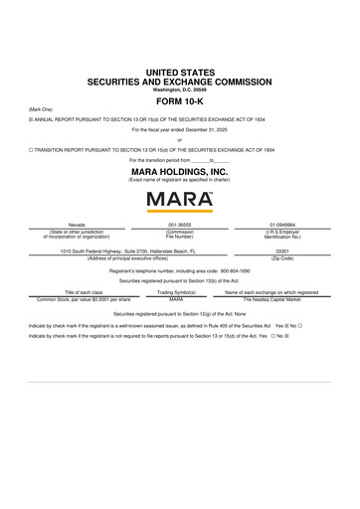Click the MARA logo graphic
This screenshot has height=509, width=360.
(179, 202)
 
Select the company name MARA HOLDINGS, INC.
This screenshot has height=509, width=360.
(179, 171)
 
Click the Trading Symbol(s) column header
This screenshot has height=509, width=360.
(180, 292)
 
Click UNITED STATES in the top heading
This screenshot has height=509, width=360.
(179, 66)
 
